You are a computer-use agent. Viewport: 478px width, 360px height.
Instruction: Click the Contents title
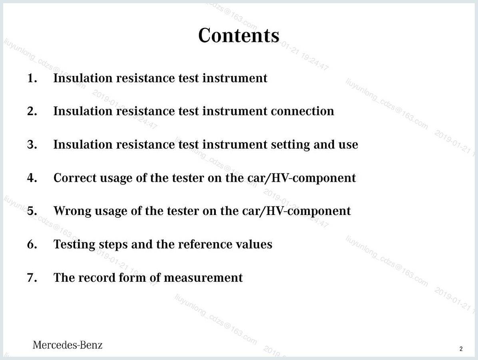239,35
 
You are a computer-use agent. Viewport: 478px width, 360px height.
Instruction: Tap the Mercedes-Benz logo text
68,345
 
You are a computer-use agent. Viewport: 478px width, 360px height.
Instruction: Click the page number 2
461,349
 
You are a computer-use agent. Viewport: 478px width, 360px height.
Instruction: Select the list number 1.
32,78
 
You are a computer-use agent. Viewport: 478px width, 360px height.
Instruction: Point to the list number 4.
32,178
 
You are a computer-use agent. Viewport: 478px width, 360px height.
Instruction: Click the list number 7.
32,278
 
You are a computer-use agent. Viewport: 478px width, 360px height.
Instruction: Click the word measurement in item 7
203,278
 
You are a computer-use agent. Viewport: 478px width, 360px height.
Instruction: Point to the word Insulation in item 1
83,78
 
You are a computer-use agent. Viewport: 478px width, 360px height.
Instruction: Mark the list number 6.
32,245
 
